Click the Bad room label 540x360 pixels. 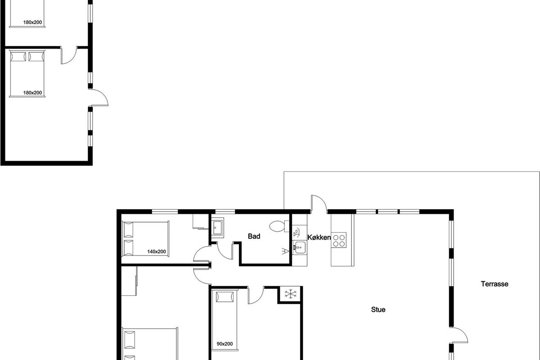(254, 236)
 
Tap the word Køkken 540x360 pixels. (319, 238)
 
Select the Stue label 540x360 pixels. (378, 310)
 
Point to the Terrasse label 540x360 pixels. (495, 284)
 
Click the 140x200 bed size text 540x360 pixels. (157, 252)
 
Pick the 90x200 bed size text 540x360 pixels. (225, 344)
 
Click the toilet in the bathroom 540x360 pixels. (279, 226)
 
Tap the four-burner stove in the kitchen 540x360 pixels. (339, 240)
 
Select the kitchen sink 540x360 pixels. (299, 247)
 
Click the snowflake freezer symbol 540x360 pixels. (291, 294)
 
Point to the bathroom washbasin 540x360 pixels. (217, 228)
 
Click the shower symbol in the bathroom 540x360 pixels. (285, 251)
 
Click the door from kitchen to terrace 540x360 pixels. (319, 204)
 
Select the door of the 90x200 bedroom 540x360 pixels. (256, 296)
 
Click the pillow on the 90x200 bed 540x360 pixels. (225, 297)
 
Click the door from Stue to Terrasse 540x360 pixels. (459, 335)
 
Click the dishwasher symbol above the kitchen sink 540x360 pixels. (297, 232)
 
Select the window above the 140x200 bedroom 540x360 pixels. (165, 211)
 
